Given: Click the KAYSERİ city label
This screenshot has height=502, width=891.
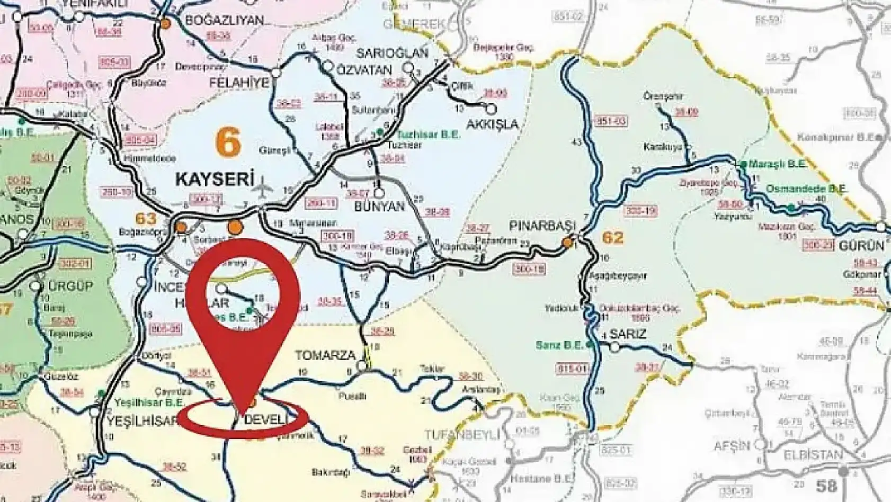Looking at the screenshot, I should pos(215,179).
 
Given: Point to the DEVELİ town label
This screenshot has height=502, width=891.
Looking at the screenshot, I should pos(266,420).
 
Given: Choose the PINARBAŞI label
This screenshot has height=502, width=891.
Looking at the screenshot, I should pos(542,226).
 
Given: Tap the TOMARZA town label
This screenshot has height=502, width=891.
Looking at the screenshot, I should pos(325,355).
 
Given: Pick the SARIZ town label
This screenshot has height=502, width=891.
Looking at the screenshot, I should pos(628,334).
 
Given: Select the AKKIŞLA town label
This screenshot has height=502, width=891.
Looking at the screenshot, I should pos(492,125).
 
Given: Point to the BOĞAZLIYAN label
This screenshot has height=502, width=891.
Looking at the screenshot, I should pos(224,21).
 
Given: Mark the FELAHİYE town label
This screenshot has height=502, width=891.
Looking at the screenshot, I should pos(239,83).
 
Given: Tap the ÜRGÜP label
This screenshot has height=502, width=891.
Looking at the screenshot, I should pos(70,286).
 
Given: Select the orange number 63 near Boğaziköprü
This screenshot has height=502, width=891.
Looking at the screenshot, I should pos(146,218).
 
